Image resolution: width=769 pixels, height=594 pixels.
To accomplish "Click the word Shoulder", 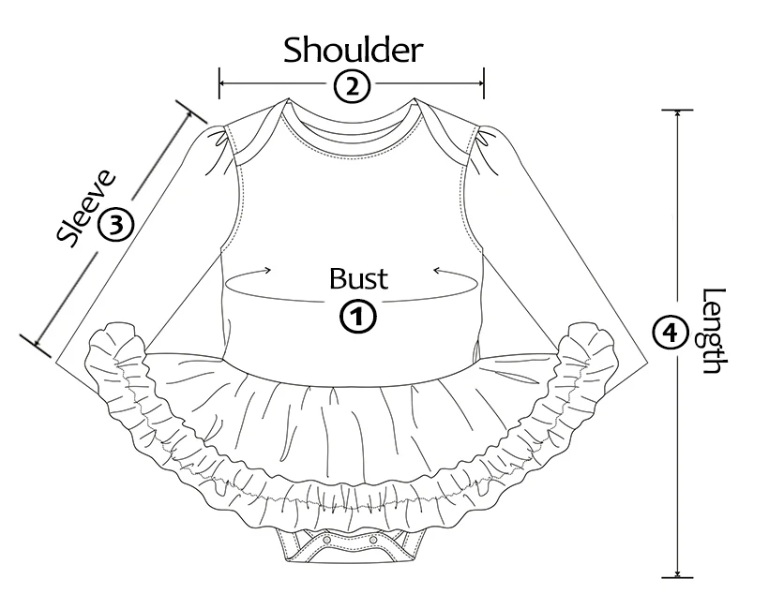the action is pyautogui.click(x=354, y=49).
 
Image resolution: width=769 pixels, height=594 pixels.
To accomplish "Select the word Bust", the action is pyautogui.click(x=358, y=278).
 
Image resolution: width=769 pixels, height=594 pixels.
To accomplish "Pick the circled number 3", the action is pyautogui.click(x=115, y=223).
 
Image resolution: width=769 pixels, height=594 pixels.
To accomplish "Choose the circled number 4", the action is pyautogui.click(x=667, y=331).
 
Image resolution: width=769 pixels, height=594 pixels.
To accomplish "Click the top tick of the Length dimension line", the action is pyautogui.click(x=677, y=111).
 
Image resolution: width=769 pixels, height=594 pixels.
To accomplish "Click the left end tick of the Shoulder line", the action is pyautogui.click(x=220, y=83).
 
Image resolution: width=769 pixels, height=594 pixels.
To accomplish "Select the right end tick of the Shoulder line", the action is pyautogui.click(x=483, y=83).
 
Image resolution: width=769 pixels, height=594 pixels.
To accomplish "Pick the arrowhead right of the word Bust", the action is pyautogui.click(x=436, y=270).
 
